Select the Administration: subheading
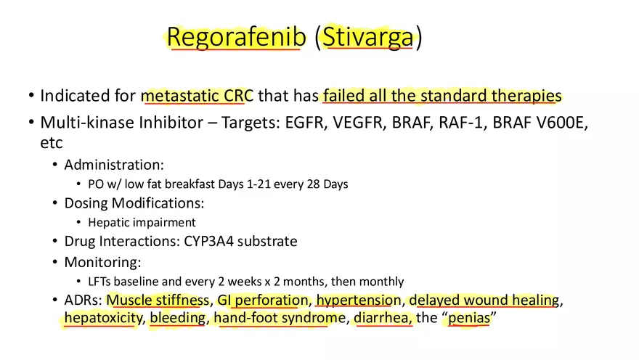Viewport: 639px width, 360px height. coord(113,165)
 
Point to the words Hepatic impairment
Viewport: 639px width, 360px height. coord(142,223)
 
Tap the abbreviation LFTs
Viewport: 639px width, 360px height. coord(101,281)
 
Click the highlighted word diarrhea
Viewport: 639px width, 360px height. coord(383,319)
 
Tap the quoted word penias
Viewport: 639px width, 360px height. coord(468,319)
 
